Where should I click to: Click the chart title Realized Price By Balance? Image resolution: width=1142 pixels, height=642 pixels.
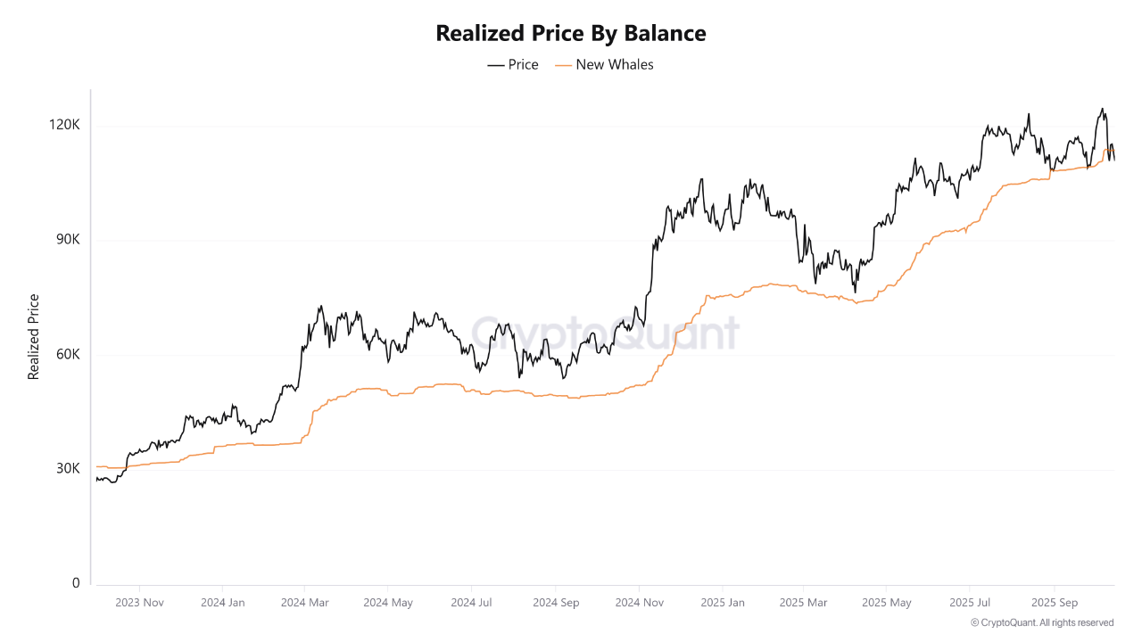pos(570,33)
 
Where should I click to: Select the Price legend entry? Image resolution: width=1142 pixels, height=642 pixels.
pos(513,64)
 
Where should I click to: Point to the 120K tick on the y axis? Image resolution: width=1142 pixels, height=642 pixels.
pos(65,125)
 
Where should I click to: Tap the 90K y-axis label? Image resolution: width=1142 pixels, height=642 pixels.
pos(67,240)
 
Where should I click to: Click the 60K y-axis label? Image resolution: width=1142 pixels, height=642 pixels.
pos(67,354)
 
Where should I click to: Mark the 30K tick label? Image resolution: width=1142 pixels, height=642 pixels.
pos(67,469)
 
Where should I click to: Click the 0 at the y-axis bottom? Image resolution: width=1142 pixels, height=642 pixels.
pos(76,583)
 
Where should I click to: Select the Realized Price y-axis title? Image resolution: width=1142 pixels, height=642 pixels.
pos(34,337)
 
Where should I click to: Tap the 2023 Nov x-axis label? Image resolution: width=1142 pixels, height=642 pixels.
pos(140,603)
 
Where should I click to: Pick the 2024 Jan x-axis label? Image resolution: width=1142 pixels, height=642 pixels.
pos(223,603)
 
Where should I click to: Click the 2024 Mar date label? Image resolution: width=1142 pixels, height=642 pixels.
pos(304,603)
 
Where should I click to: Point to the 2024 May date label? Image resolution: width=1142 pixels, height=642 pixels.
pos(388,603)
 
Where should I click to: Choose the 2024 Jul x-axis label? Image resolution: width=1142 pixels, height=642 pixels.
pos(471,603)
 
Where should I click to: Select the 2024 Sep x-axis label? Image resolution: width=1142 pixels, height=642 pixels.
pos(555,603)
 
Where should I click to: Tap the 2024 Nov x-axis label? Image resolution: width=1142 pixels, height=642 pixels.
pos(639,603)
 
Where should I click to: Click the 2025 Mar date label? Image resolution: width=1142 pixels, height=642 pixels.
pos(803,603)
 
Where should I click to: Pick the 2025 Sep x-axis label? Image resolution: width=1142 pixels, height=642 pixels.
pos(1055,603)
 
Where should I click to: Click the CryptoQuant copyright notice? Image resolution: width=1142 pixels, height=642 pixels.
pos(1042,622)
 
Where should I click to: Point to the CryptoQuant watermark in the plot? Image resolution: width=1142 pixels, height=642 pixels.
pos(605,333)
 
